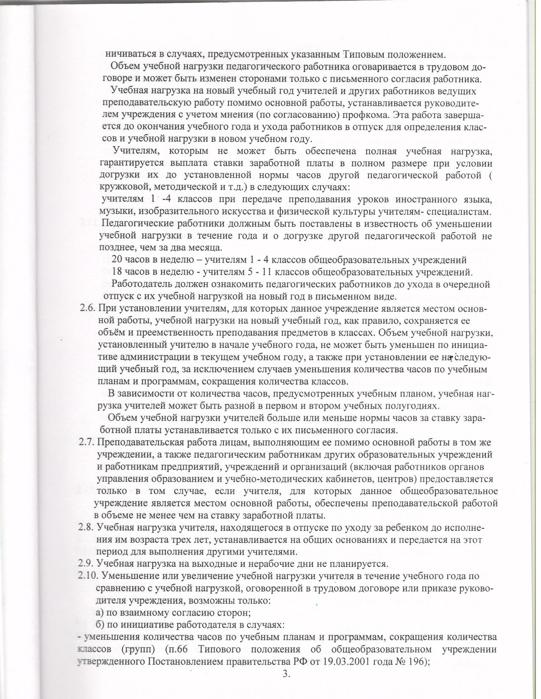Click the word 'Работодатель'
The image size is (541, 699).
[143, 284]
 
